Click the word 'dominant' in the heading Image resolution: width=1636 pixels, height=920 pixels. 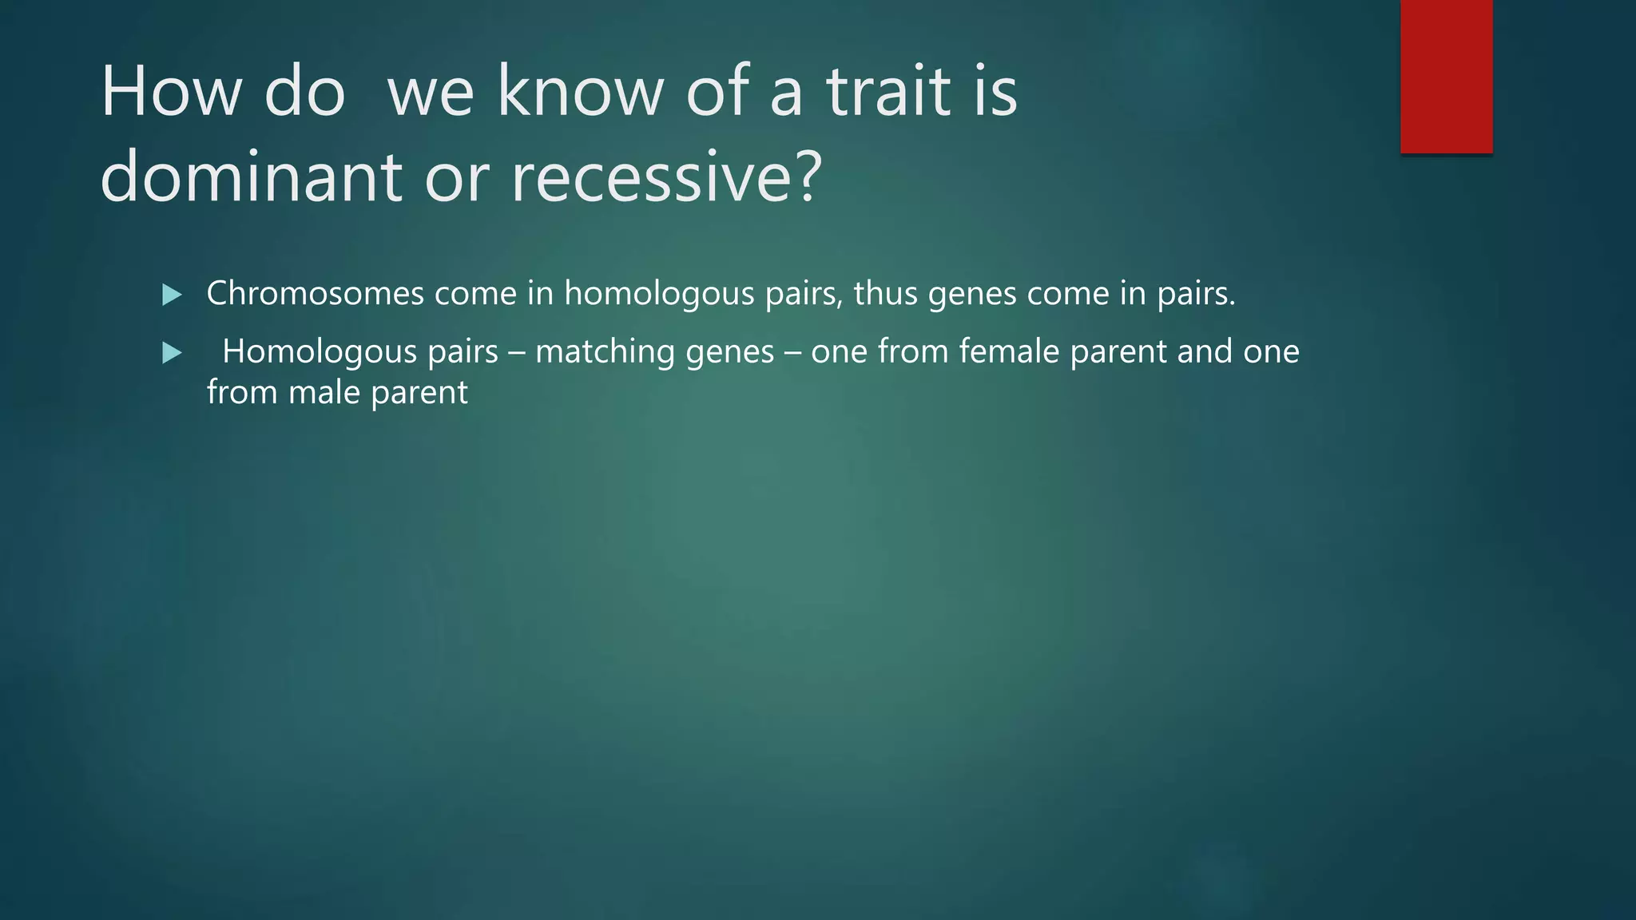click(251, 177)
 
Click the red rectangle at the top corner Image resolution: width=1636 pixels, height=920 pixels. click(1446, 76)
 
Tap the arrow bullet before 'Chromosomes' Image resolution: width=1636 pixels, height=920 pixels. click(172, 295)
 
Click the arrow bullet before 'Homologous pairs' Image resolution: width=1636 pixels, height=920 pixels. click(172, 352)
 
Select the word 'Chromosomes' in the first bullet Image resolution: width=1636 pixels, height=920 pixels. click(315, 294)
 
